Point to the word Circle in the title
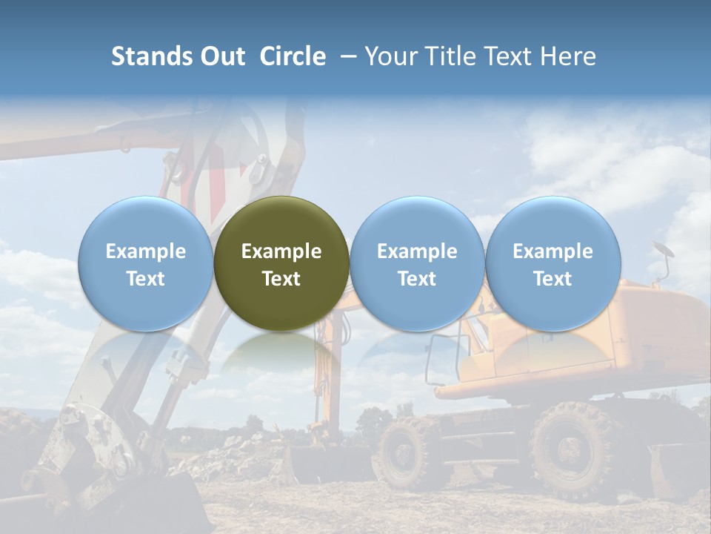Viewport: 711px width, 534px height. pos(293,56)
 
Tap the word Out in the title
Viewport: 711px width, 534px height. pos(221,56)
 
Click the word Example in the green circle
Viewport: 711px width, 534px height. pos(281,251)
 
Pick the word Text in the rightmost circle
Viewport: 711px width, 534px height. pos(553,279)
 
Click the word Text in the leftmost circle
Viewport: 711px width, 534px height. pos(146,279)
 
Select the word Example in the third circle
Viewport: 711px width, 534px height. pos(417,251)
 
